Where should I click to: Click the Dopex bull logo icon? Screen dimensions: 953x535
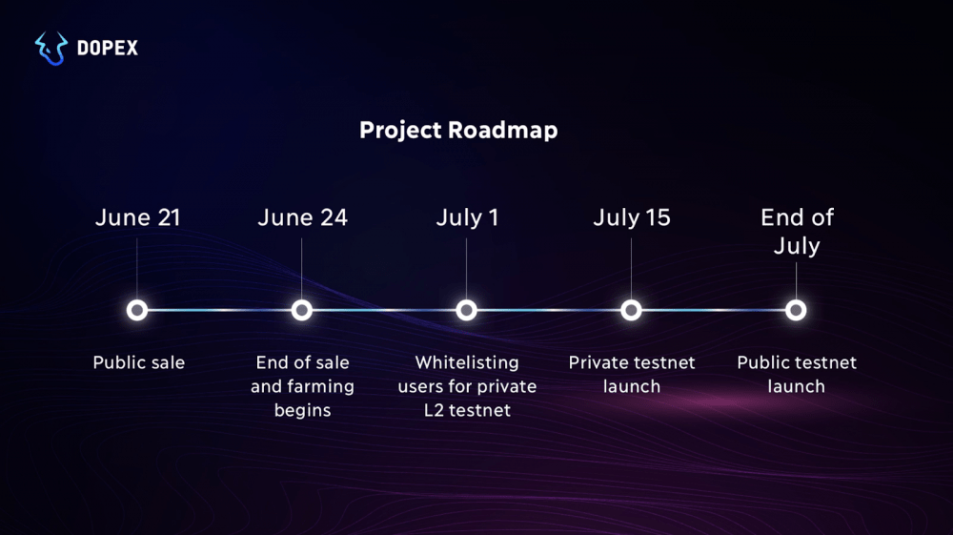pos(51,48)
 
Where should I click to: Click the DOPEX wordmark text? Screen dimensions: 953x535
pos(108,48)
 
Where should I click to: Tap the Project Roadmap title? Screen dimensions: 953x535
pos(458,130)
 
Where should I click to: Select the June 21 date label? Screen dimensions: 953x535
pos(138,217)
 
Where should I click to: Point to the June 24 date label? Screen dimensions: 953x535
pos(303,217)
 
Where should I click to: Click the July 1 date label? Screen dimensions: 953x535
pos(467,217)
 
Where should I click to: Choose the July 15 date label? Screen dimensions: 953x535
pos(632,217)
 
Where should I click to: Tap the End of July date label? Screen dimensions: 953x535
pos(797,232)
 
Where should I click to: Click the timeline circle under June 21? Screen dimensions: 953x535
pos(137,311)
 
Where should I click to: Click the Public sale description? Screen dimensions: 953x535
pos(138,362)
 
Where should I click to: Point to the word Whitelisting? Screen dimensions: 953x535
pos(467,363)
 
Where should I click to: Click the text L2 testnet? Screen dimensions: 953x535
pos(467,410)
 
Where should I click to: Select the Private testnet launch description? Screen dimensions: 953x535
pos(632,374)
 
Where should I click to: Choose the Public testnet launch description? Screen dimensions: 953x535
pos(797,374)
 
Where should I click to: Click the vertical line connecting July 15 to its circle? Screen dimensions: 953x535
pos(631,268)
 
